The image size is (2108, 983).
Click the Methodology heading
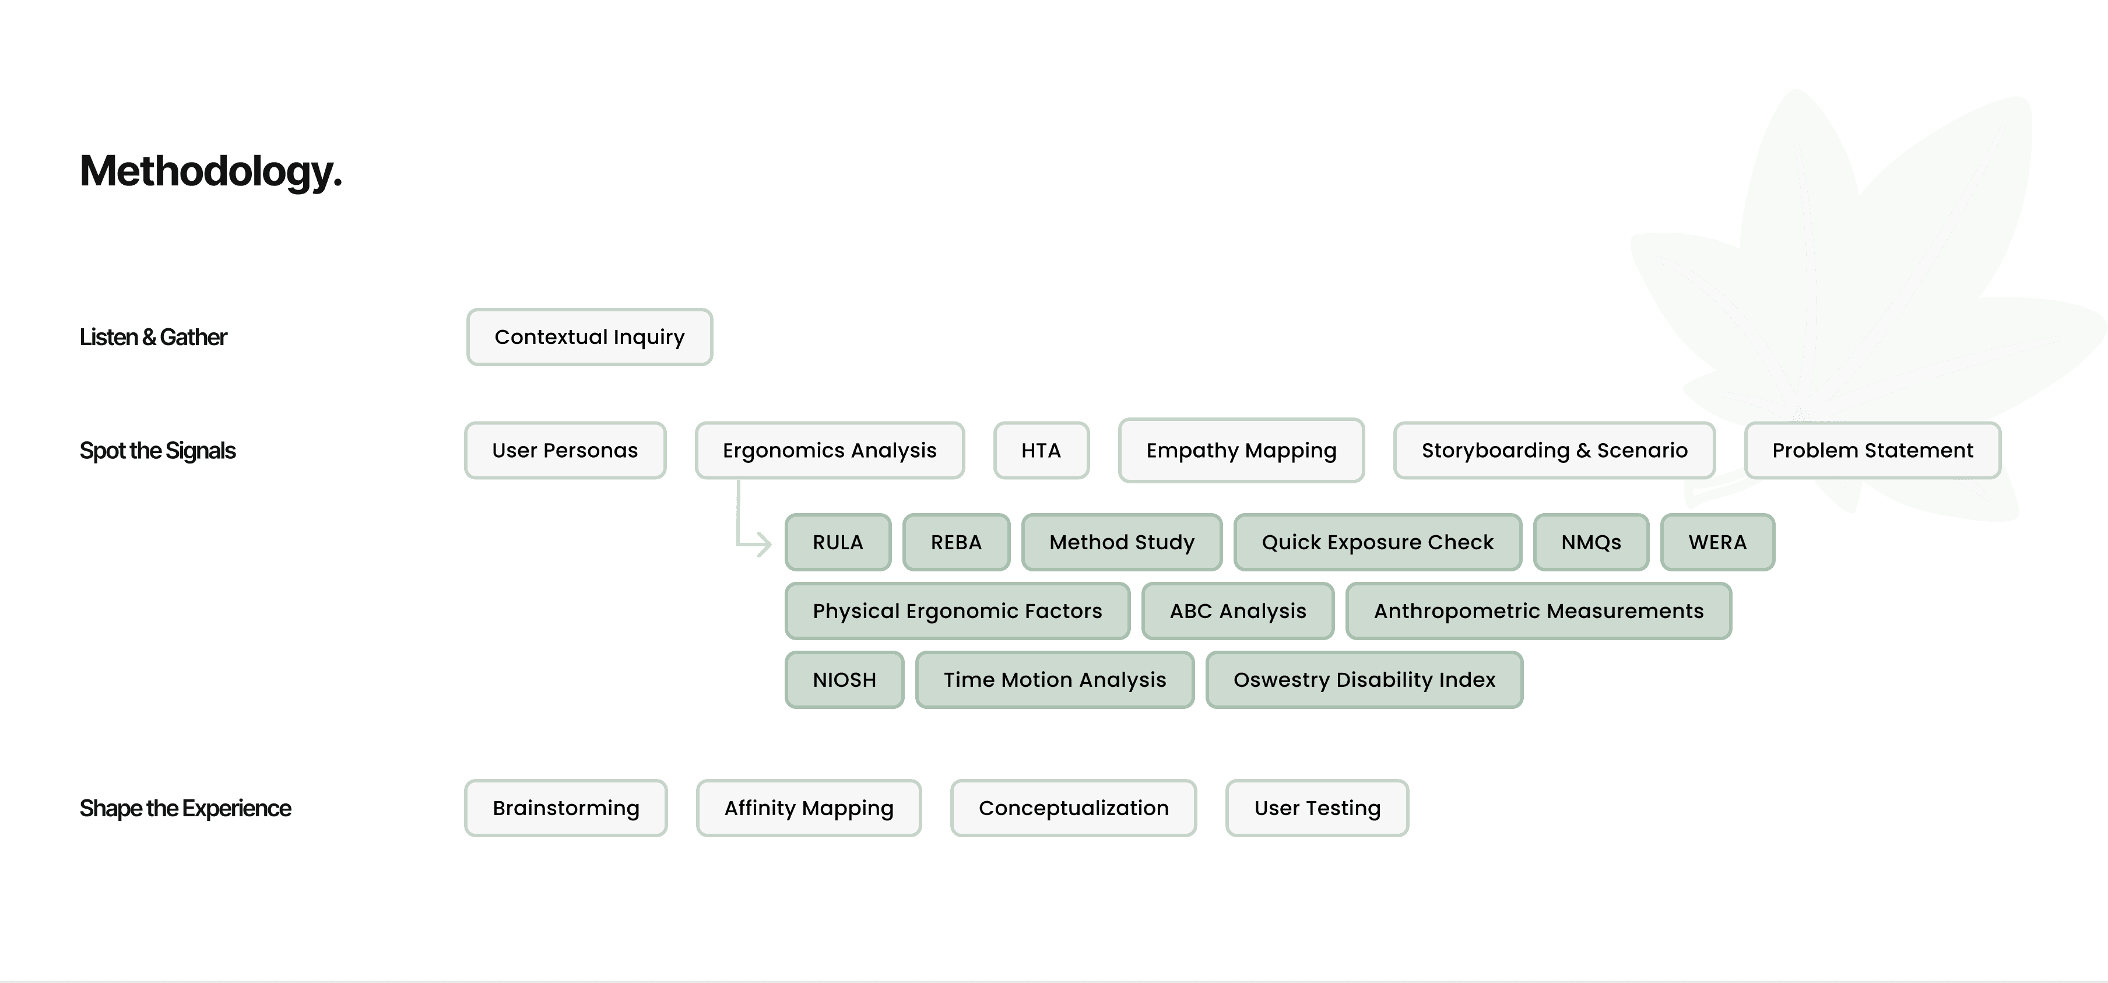(x=210, y=172)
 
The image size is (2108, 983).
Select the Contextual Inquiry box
(x=589, y=337)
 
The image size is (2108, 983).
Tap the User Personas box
(x=565, y=450)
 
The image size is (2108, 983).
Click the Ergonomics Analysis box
(x=829, y=450)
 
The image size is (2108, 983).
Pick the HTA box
(x=1041, y=450)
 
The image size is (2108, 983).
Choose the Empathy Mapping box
(x=1241, y=450)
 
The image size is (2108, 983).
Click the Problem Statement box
(x=1872, y=450)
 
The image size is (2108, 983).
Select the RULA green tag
(x=837, y=542)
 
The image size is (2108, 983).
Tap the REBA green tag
(x=956, y=542)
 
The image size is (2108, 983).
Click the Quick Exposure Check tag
(x=1377, y=542)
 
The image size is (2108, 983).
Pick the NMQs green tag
(x=1591, y=542)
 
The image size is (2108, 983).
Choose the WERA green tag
(x=1717, y=542)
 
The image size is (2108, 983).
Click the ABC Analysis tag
(x=1237, y=610)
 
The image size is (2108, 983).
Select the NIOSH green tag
(x=844, y=679)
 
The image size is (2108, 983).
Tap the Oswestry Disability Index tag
(x=1364, y=679)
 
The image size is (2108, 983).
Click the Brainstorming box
(x=565, y=808)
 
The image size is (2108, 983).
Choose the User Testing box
(x=1317, y=808)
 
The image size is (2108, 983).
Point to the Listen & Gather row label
(x=153, y=337)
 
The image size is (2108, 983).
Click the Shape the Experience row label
(x=185, y=808)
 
